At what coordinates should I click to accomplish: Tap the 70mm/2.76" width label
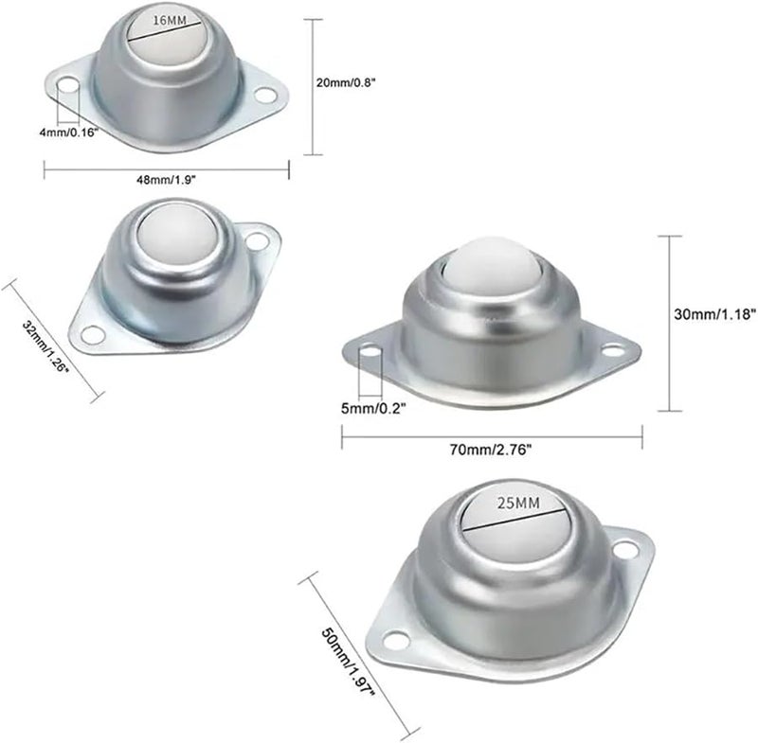(x=491, y=450)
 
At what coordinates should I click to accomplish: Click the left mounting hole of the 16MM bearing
(x=66, y=88)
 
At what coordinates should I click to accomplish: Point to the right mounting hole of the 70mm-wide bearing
(x=613, y=349)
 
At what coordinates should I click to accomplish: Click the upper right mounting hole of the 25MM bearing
(x=624, y=549)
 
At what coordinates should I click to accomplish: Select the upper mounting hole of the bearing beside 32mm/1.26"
(x=256, y=241)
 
